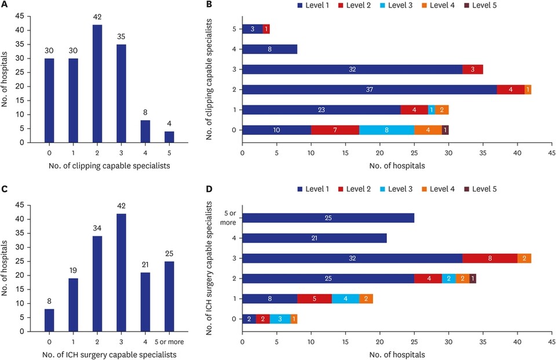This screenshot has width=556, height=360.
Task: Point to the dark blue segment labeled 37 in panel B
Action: pyautogui.click(x=369, y=90)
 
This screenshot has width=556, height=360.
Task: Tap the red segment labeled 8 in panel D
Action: pyautogui.click(x=490, y=258)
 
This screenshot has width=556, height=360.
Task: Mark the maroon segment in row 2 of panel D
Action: pyautogui.click(x=473, y=278)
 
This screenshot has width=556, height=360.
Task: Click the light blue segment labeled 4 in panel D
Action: pyautogui.click(x=345, y=299)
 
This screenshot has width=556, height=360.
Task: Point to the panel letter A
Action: pyautogui.click(x=5, y=6)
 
